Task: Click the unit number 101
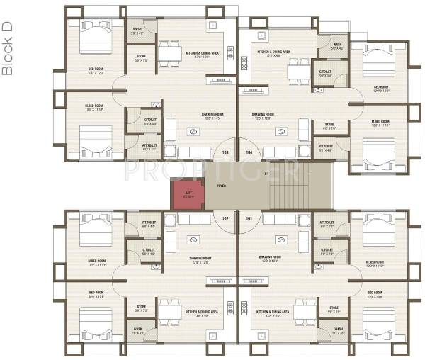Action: click(x=248, y=218)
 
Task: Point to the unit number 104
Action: click(x=248, y=152)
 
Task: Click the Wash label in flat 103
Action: click(x=137, y=30)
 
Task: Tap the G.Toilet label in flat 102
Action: click(x=149, y=249)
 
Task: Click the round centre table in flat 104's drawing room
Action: click(x=282, y=130)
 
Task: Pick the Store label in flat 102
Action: click(x=141, y=309)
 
